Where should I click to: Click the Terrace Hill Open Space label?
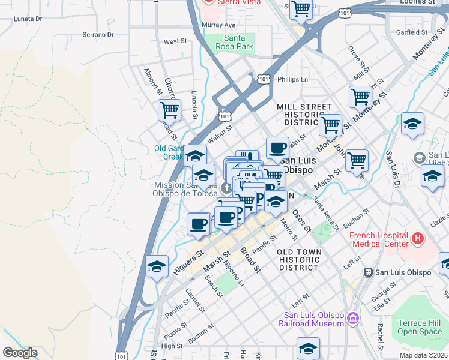click(420, 327)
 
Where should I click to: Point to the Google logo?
click(19, 353)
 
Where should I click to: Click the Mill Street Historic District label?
click(304, 114)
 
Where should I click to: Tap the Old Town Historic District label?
click(299, 259)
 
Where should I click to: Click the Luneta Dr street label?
click(28, 19)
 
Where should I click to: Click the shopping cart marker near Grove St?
click(360, 96)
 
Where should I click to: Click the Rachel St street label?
click(381, 337)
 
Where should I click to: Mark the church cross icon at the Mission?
click(226, 188)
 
